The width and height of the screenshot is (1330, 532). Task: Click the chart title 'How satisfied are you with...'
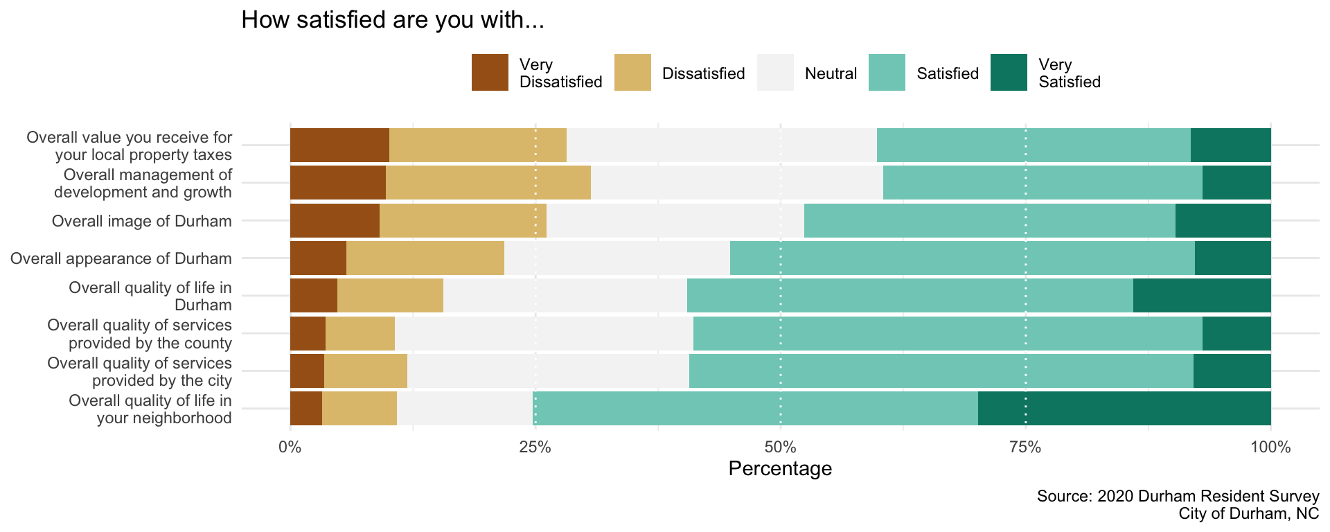coord(393,20)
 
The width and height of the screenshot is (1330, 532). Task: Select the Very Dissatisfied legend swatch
coord(490,73)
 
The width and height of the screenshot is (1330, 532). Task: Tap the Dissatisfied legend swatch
coord(632,73)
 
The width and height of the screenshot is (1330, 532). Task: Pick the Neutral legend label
coord(831,73)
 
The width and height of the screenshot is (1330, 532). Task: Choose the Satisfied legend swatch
coord(887,73)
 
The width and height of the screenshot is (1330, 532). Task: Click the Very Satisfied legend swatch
coord(1009,73)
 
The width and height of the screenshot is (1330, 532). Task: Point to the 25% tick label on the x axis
coord(535,447)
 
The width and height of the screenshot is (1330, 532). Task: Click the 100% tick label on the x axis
coord(1270,447)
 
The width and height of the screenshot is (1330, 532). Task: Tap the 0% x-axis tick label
coord(290,447)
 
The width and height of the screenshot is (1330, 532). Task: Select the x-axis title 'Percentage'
coord(780,469)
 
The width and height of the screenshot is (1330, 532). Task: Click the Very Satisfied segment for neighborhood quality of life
coord(1124,408)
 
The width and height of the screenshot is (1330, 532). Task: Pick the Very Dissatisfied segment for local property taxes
coord(339,145)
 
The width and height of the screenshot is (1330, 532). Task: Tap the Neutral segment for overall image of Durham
coord(675,220)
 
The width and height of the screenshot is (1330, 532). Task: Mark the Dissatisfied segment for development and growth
coord(488,182)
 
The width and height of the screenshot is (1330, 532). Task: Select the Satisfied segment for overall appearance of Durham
coord(962,258)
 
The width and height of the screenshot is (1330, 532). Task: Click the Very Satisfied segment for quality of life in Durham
coord(1202,295)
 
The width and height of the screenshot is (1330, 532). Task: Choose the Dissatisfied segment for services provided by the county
coord(360,333)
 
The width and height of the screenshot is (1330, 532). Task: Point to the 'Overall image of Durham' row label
coord(142,222)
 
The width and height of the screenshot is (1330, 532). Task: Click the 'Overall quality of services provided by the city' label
coord(140,371)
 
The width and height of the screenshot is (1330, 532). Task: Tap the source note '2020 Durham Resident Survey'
coord(1178,496)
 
